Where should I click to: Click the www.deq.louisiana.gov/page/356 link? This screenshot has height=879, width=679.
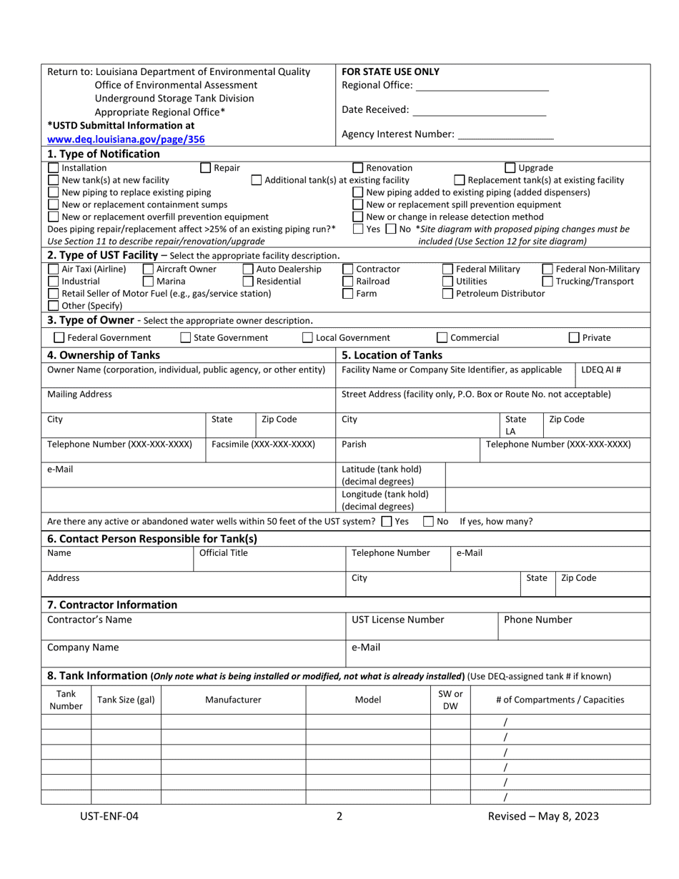pyautogui.click(x=126, y=139)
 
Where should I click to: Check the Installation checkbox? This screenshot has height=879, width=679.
pyautogui.click(x=54, y=168)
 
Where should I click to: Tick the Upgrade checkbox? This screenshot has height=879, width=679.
pyautogui.click(x=510, y=168)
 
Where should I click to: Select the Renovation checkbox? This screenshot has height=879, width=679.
pyautogui.click(x=359, y=168)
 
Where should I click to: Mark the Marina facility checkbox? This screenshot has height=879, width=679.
pyautogui.click(x=149, y=282)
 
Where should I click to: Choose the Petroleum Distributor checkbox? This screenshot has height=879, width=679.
pyautogui.click(x=447, y=294)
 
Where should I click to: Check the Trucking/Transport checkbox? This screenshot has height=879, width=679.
pyautogui.click(x=547, y=282)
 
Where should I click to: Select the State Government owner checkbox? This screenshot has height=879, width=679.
pyautogui.click(x=186, y=338)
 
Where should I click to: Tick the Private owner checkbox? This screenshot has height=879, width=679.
pyautogui.click(x=574, y=338)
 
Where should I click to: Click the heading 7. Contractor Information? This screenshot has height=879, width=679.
pyautogui.click(x=112, y=605)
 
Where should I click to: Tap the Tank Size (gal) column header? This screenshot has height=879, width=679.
pyautogui.click(x=126, y=700)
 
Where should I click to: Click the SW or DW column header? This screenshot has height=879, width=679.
pyautogui.click(x=450, y=700)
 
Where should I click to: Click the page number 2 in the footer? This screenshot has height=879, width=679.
pyautogui.click(x=339, y=816)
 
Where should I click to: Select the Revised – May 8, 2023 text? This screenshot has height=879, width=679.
pyautogui.click(x=543, y=816)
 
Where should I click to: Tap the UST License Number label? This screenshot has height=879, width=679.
pyautogui.click(x=398, y=620)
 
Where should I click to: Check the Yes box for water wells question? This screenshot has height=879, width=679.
pyautogui.click(x=387, y=522)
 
